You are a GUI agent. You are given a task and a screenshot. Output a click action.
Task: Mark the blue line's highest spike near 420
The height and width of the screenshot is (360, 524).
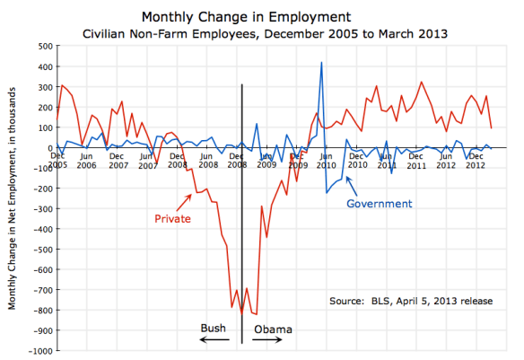point(321,63)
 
